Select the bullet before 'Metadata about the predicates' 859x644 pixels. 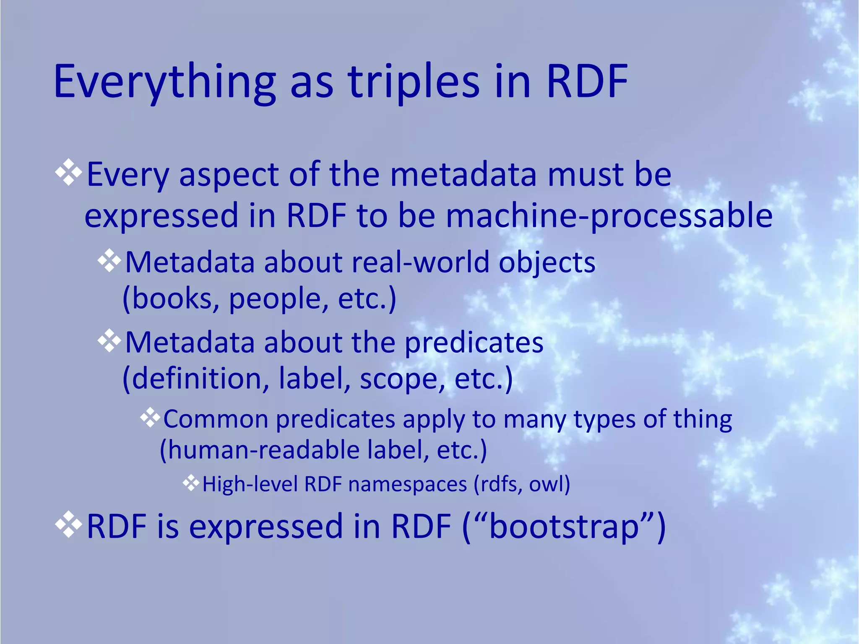pyautogui.click(x=109, y=341)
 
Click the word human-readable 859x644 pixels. pyautogui.click(x=264, y=449)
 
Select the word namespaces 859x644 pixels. pyautogui.click(x=407, y=484)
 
